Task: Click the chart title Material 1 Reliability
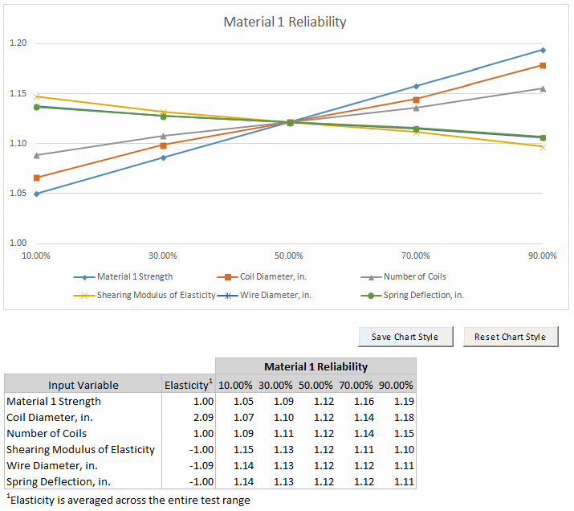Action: pos(285,22)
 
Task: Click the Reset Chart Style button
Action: pos(510,337)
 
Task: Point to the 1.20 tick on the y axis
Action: pos(17,43)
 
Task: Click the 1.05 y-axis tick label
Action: pos(17,194)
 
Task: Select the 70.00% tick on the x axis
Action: pos(415,255)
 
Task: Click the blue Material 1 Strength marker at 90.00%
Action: pos(543,50)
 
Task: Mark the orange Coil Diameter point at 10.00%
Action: pos(36,178)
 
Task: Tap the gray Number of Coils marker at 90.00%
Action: pos(543,88)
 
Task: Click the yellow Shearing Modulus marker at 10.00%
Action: pos(36,96)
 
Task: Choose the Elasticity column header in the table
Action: pos(189,385)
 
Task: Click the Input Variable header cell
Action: pos(83,385)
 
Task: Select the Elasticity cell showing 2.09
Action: pos(203,417)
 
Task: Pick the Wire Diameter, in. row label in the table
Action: pos(54,465)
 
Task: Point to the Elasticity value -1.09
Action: pos(202,465)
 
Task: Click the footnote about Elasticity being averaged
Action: pos(128,500)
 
